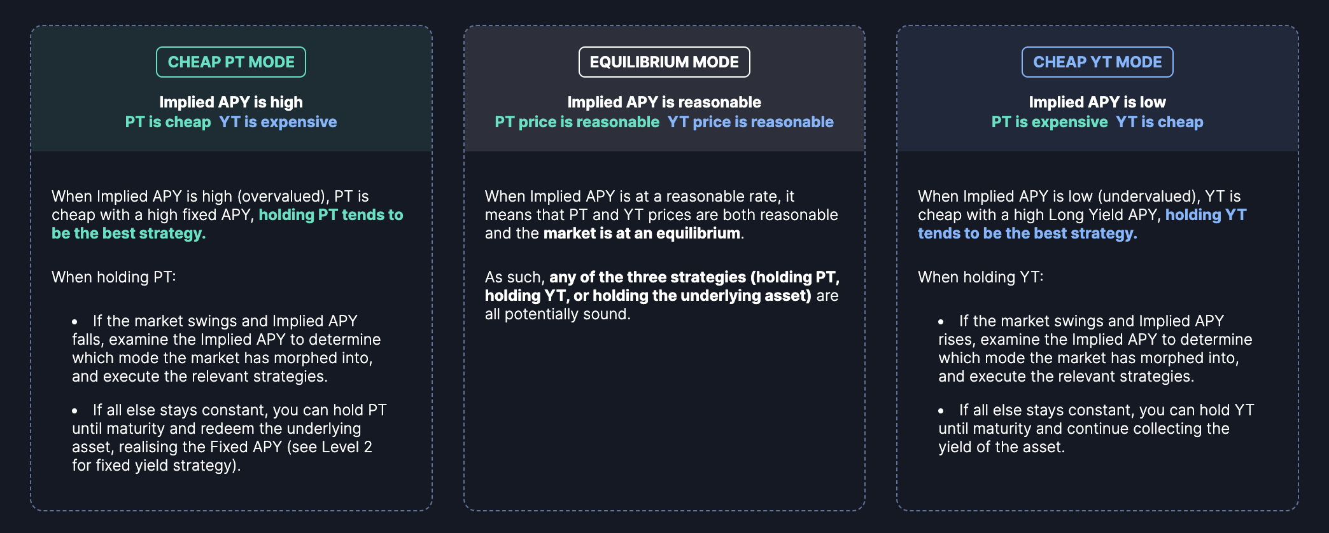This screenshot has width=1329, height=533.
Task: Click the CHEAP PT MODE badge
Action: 231,62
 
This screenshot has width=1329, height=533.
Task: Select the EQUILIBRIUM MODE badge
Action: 664,62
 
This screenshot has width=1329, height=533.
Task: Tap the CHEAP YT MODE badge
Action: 1097,62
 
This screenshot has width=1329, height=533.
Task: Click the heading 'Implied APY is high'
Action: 231,102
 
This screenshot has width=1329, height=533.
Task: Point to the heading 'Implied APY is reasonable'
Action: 664,102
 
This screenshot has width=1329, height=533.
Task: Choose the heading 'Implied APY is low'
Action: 1097,102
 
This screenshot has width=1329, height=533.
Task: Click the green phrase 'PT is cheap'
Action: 168,122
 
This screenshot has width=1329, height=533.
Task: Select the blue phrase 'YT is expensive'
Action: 278,122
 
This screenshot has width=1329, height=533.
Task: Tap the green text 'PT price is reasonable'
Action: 577,122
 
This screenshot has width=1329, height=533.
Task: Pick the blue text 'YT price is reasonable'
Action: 750,122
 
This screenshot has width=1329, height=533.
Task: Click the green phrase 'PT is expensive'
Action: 1050,122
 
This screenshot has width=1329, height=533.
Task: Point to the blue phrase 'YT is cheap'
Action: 1160,122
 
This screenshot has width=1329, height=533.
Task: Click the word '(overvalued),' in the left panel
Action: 283,197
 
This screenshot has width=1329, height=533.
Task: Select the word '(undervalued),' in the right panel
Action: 1152,197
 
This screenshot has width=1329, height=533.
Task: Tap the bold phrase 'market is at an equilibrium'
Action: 642,233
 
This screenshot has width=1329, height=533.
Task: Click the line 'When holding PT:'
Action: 114,277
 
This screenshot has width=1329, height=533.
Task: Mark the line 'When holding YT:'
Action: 981,277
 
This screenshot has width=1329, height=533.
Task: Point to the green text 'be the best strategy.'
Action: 129,233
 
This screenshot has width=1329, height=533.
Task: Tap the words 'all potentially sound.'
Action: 558,314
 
